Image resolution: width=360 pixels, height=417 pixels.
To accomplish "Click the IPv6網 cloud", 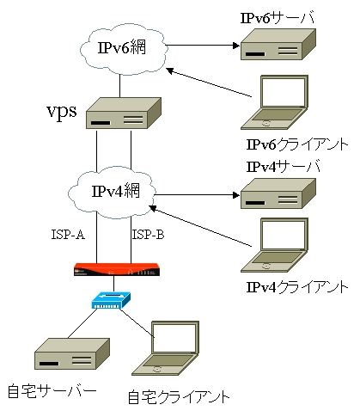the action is [123, 49].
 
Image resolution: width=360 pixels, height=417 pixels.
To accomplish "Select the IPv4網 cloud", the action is [112, 193].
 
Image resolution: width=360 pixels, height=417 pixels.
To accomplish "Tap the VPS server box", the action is [124, 113].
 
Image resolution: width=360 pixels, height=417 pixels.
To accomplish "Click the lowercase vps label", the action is [62, 112].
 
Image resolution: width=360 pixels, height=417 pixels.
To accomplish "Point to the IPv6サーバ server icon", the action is [278, 44].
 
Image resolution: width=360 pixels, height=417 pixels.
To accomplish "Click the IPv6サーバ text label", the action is [278, 17].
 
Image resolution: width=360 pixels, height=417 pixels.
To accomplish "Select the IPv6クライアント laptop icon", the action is [274, 102].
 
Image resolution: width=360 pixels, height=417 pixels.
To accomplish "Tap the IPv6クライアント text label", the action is [297, 144].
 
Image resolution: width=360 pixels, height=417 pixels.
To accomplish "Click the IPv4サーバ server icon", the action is [278, 193].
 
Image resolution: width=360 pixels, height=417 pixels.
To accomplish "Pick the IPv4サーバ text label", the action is [283, 167].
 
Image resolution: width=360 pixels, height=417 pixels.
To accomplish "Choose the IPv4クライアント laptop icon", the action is [274, 245].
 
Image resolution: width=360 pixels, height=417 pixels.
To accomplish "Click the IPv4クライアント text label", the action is [297, 287].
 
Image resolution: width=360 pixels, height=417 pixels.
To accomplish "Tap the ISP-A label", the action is [68, 235].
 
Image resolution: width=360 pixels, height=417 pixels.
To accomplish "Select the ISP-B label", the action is [148, 235].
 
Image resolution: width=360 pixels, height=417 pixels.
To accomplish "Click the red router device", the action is [117, 269].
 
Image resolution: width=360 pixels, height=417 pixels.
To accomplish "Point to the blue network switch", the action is [111, 300].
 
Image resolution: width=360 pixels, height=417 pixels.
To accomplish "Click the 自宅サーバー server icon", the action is [72, 353].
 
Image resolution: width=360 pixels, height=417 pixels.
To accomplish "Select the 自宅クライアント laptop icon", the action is [165, 348].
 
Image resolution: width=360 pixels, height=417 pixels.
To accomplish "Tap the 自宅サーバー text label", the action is [52, 390].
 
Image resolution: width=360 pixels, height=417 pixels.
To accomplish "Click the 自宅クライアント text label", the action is [179, 397].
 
